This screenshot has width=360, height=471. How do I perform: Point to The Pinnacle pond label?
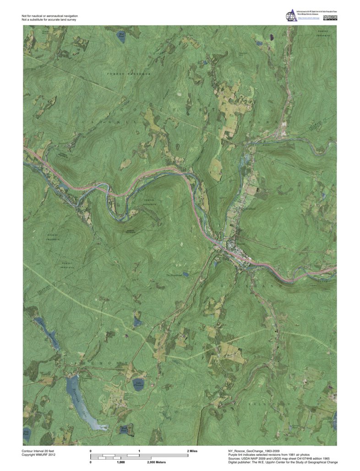[174, 275]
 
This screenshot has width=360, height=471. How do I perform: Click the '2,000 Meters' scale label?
[157, 463]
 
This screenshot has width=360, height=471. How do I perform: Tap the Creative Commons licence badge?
[330, 18]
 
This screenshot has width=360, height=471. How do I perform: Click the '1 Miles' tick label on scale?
[139, 451]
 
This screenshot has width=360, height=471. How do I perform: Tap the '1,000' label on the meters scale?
[121, 463]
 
